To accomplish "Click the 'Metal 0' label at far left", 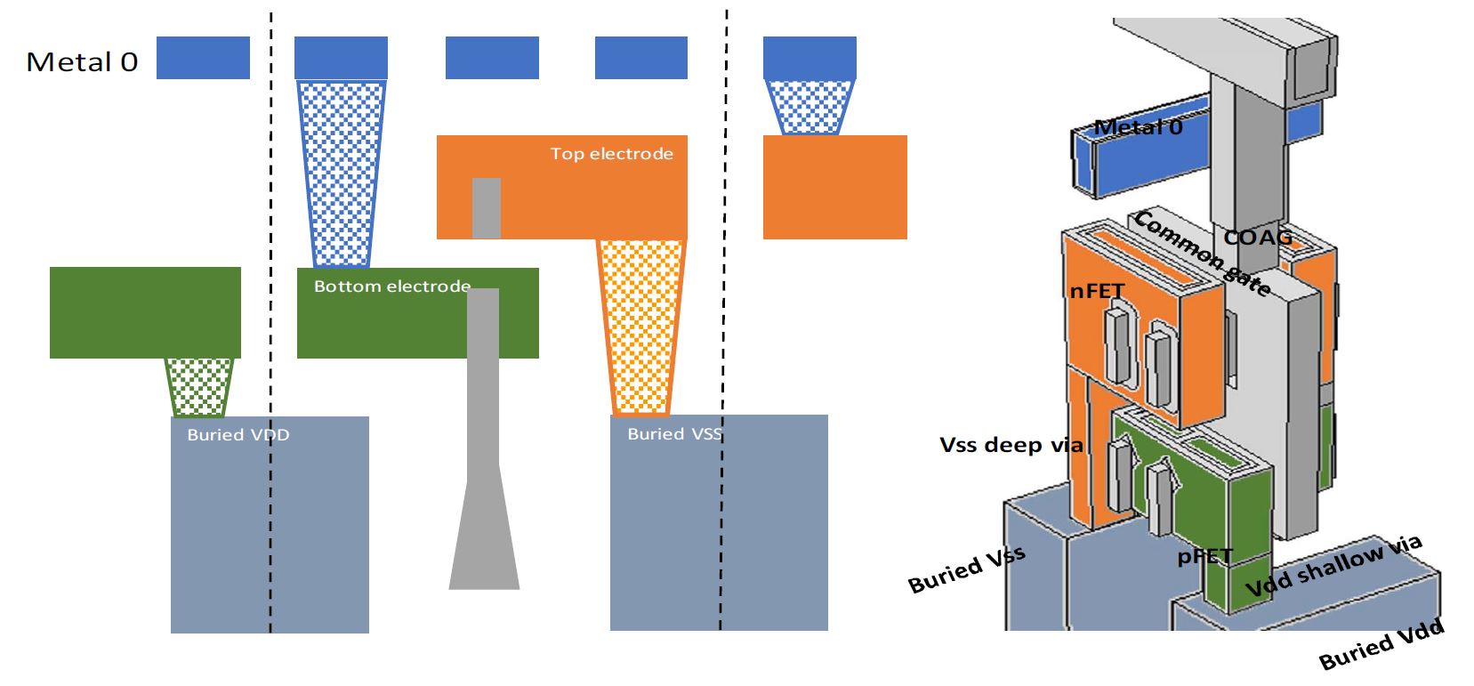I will tap(82, 61).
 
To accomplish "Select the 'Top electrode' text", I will tap(611, 154).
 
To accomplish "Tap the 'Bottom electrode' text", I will tap(391, 287).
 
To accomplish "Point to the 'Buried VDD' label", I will tap(238, 435).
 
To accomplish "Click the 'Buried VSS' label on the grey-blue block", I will tap(674, 434).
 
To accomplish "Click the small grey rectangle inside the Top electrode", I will tap(486, 207).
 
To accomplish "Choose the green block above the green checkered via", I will tap(145, 312).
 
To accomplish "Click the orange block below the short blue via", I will tap(834, 187).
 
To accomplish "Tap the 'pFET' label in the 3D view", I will tap(1205, 557).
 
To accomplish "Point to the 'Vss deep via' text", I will tap(1011, 444).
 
